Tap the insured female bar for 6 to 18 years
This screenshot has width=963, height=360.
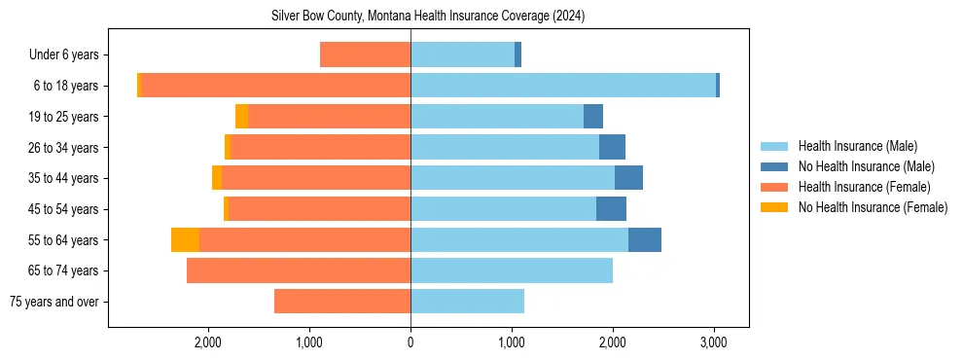click(x=275, y=86)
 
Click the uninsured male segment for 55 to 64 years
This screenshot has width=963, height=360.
click(x=644, y=239)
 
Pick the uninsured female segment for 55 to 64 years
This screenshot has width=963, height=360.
click(x=185, y=239)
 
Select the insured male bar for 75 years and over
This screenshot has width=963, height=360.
click(x=467, y=302)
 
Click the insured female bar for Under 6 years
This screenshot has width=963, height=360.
click(x=365, y=55)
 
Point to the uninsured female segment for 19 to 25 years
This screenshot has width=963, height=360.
click(x=241, y=117)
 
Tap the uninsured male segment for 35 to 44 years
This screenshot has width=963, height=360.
click(x=628, y=178)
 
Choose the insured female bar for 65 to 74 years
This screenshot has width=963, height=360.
click(x=299, y=270)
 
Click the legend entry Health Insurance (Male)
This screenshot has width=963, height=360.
click(x=852, y=146)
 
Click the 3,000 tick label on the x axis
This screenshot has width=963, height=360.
click(x=713, y=342)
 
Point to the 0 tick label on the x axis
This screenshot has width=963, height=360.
click(x=410, y=342)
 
